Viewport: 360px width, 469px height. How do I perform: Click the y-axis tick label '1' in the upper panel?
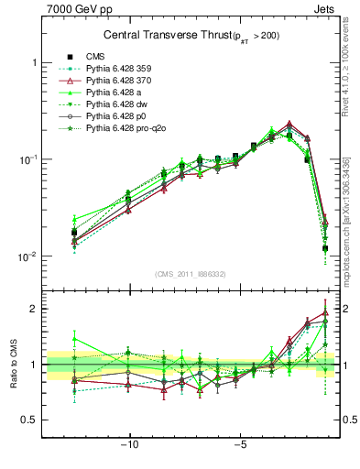pos(34,62)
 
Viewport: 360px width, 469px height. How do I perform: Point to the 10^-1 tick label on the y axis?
pos(27,159)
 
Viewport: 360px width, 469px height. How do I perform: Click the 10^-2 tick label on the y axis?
pos(27,256)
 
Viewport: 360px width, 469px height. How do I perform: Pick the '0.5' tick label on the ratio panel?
pos(28,420)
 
